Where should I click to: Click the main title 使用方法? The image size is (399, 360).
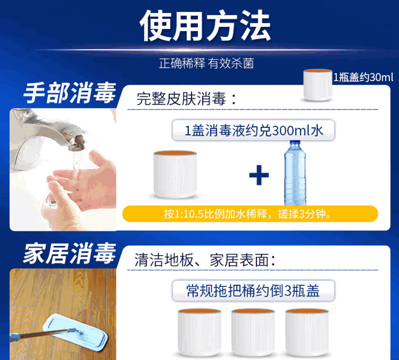tap(205, 25)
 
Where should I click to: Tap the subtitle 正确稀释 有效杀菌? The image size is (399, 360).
tap(207, 63)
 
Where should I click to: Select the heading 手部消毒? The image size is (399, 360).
tap(70, 93)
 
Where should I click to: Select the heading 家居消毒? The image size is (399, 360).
tap(70, 253)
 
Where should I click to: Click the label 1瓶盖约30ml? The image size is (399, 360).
tap(363, 77)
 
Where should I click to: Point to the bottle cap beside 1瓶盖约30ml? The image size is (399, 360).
tap(318, 85)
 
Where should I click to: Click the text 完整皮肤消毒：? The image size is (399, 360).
tap(187, 99)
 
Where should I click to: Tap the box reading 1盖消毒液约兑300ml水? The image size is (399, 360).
tap(254, 130)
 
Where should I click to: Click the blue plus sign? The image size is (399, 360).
tap(259, 175)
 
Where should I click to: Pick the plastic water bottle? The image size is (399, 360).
tap(295, 173)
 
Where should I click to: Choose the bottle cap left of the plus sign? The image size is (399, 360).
tap(175, 175)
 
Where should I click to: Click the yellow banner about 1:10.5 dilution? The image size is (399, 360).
tap(250, 214)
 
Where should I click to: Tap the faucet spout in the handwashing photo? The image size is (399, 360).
tap(76, 142)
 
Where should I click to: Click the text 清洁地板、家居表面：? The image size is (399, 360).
tap(205, 260)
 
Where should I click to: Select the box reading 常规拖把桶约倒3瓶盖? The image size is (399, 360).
tap(254, 290)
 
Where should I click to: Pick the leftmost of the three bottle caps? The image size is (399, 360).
tap(199, 333)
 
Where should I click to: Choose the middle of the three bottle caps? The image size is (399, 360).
tap(253, 333)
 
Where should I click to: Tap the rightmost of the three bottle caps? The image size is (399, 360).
tap(307, 333)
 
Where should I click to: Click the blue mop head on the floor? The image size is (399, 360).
tap(75, 333)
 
